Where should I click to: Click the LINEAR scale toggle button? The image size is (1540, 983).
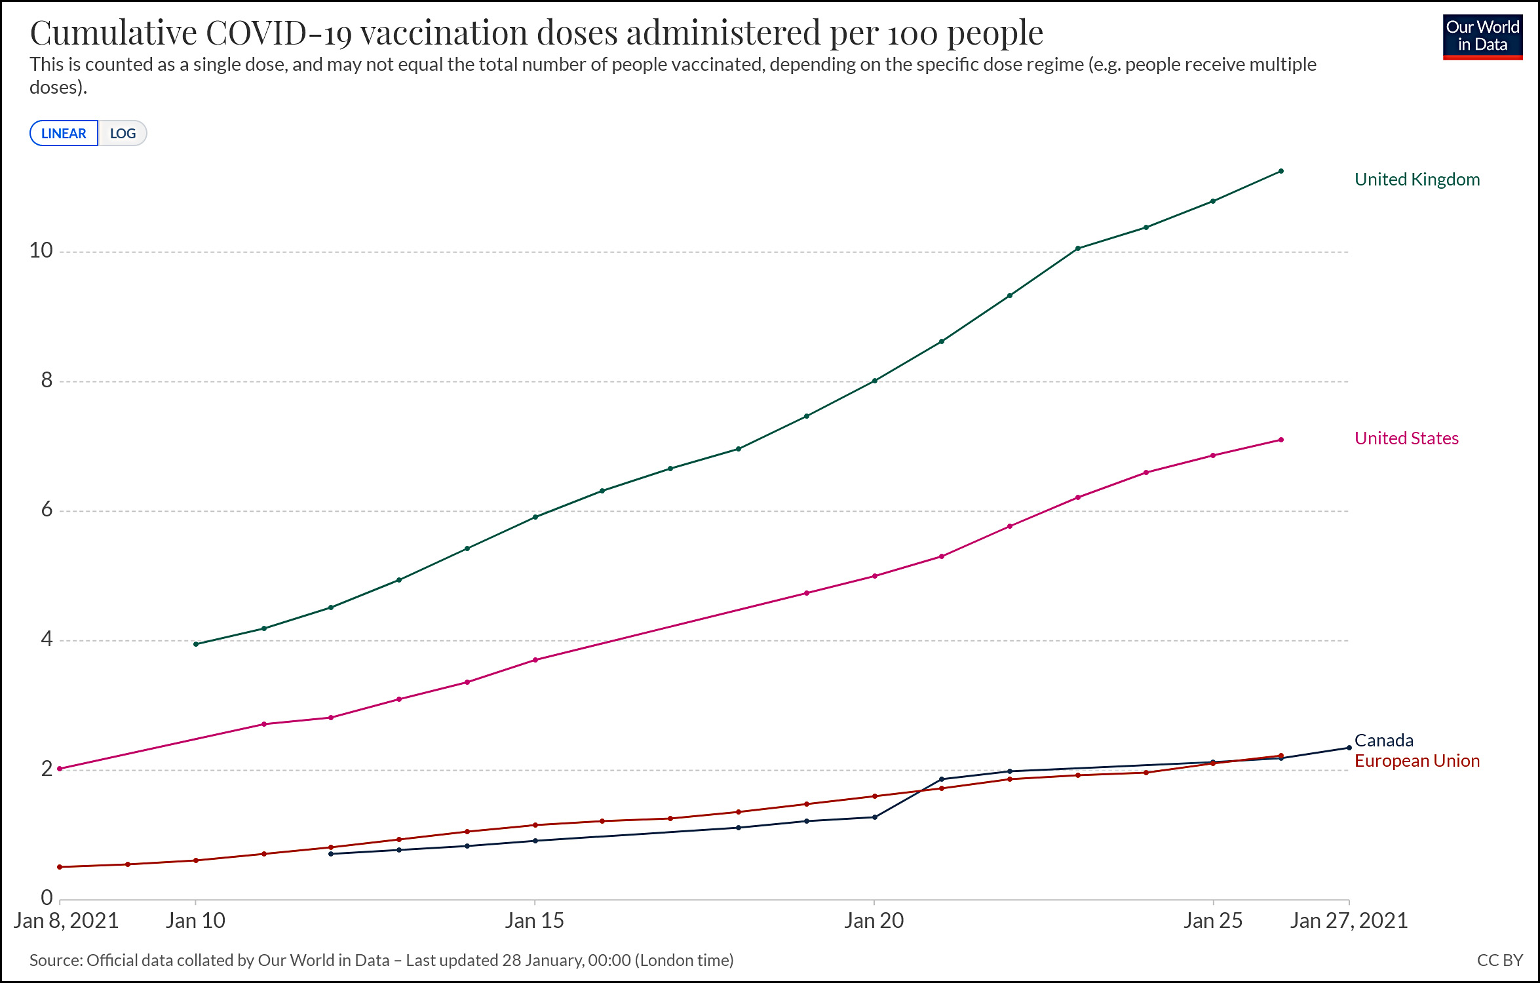[64, 133]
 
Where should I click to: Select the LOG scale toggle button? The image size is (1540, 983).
[123, 133]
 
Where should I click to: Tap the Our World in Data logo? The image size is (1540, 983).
[1482, 37]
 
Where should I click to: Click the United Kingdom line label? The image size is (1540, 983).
[1417, 180]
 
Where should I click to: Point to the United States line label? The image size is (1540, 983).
[1406, 438]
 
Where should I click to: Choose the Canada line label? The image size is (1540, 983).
[1383, 741]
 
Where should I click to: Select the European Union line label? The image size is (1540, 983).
[1417, 761]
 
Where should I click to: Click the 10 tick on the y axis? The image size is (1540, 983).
[41, 250]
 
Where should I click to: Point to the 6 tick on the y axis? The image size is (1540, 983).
[47, 509]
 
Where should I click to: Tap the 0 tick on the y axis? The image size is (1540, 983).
[47, 897]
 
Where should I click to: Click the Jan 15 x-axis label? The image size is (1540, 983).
[534, 921]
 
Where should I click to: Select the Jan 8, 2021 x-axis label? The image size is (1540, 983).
[66, 921]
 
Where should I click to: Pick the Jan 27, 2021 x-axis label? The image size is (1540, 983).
[1349, 921]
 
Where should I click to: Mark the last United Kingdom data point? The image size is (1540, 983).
[1281, 171]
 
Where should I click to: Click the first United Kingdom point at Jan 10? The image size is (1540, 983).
[196, 644]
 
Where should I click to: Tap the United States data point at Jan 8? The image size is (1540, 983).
[60, 769]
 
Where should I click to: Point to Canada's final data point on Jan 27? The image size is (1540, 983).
[1349, 748]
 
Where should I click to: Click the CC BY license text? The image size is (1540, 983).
[1499, 960]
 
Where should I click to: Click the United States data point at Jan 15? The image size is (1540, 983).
[535, 660]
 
